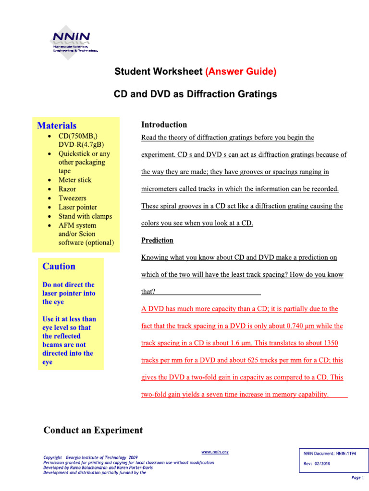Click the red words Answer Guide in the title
[x=241, y=71]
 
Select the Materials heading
[x=57, y=126]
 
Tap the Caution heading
[x=59, y=266]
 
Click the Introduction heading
[x=164, y=125]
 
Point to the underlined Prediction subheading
[x=157, y=240]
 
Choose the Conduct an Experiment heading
[x=93, y=430]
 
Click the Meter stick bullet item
[x=74, y=180]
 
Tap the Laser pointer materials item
[x=77, y=207]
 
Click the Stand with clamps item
[x=85, y=216]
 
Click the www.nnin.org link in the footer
[x=215, y=452]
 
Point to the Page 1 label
[x=357, y=478]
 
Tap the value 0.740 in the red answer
[x=296, y=326]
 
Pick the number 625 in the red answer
[x=256, y=360]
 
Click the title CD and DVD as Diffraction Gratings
[x=195, y=94]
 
